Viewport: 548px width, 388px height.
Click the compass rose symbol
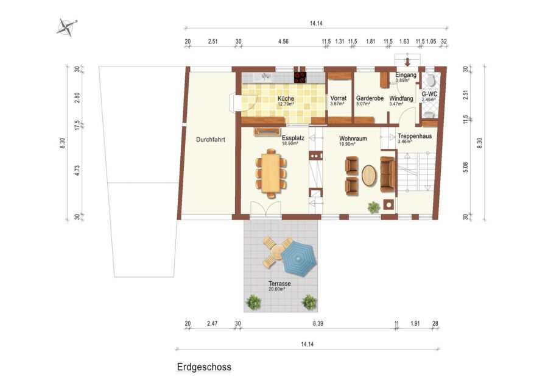[x=66, y=27]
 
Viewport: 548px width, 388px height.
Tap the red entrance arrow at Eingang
[x=407, y=62]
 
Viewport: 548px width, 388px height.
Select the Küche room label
[x=286, y=99]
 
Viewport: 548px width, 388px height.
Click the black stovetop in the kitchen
[x=300, y=77]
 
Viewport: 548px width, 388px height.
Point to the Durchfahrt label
[x=211, y=139]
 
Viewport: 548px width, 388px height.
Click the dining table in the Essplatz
[x=271, y=174]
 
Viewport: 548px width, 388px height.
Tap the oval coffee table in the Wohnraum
[x=370, y=175]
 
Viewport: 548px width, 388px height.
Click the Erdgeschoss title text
[x=204, y=367]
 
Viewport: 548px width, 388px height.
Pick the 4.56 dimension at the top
[x=283, y=41]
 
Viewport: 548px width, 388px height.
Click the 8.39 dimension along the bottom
[x=318, y=323]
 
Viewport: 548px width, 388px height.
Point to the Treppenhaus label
[x=415, y=136]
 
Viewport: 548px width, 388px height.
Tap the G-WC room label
[x=429, y=94]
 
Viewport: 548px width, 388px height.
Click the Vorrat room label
[x=339, y=98]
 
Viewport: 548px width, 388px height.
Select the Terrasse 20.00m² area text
[x=279, y=286]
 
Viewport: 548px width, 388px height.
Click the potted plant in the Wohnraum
[x=374, y=207]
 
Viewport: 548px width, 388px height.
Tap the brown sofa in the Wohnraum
[x=388, y=174]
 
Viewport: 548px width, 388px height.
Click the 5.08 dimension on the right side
[x=465, y=167]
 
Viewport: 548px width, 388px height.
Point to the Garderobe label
[x=370, y=98]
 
